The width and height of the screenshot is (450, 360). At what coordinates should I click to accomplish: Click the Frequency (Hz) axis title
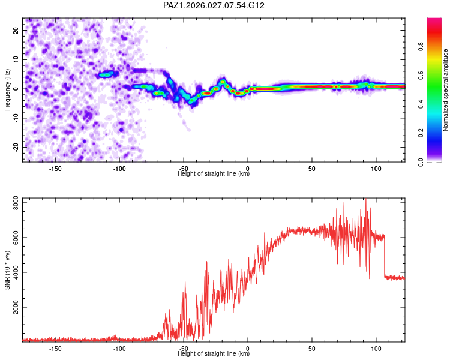[7, 91]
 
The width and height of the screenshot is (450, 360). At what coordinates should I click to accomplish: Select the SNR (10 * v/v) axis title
[7, 271]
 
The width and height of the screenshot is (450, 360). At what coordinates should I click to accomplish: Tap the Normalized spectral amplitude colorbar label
[446, 91]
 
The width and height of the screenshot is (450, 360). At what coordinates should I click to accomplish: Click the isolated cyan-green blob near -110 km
[106, 74]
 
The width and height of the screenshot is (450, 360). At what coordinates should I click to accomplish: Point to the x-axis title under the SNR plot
[214, 354]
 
